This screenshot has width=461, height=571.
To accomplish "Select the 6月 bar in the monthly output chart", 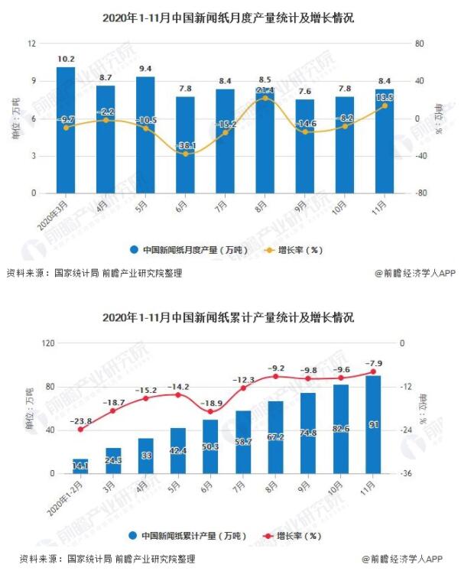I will pyautogui.click(x=185, y=145).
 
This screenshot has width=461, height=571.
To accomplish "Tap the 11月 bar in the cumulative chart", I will pyautogui.click(x=374, y=424).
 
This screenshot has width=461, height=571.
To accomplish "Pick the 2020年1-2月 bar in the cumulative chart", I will pyautogui.click(x=80, y=466).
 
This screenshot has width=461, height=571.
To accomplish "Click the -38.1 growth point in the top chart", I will pyautogui.click(x=185, y=154).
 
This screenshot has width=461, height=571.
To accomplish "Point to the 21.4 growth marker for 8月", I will pyautogui.click(x=265, y=98).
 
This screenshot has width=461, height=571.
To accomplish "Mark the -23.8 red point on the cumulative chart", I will pyautogui.click(x=80, y=430).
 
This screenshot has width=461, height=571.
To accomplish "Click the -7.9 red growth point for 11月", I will pyautogui.click(x=374, y=372).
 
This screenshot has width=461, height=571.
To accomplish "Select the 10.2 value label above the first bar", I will pyautogui.click(x=66, y=59).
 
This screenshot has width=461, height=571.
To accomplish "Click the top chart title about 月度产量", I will pyautogui.click(x=229, y=18).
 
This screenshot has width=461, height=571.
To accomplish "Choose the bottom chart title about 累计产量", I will pyautogui.click(x=229, y=316).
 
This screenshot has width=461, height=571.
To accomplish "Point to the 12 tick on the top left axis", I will pyautogui.click(x=32, y=44).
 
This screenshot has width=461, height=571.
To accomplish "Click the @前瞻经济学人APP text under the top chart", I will pyautogui.click(x=414, y=272).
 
